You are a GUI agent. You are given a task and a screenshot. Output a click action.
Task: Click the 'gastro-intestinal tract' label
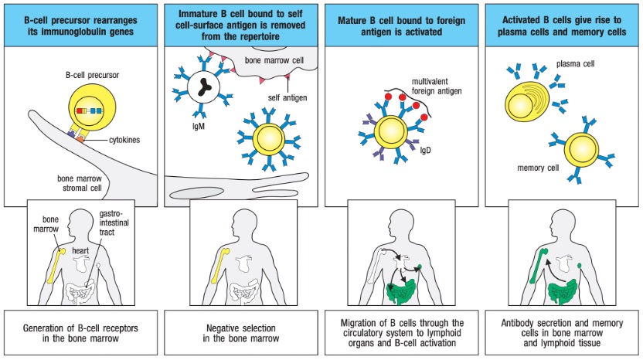[x=115, y=222]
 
